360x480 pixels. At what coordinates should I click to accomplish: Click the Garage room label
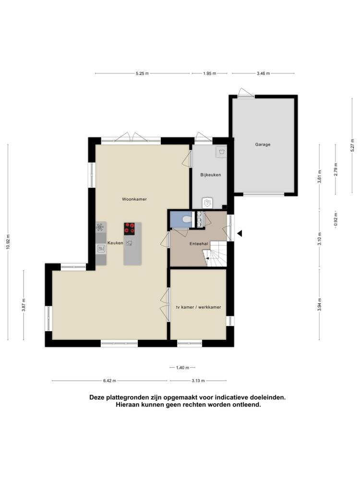[263, 144]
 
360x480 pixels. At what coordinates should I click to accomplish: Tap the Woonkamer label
[134, 199]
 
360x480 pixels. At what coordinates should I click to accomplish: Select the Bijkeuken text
[211, 175]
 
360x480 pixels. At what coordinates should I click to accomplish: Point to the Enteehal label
[199, 244]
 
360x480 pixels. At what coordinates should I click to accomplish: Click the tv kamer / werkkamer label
[198, 307]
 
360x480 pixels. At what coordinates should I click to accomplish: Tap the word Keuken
[115, 243]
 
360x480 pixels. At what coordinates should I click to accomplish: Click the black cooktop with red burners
[129, 228]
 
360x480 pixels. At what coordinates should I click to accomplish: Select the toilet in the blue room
[186, 219]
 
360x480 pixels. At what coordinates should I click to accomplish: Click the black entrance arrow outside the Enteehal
[240, 234]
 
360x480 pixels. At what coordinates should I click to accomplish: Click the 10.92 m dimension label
[8, 242]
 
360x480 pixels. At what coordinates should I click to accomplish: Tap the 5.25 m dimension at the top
[143, 73]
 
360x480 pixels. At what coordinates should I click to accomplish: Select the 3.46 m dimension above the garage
[263, 73]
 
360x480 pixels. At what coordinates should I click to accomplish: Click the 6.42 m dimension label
[109, 381]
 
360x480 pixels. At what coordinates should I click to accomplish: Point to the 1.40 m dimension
[182, 368]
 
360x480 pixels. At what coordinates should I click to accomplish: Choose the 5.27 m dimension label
[352, 145]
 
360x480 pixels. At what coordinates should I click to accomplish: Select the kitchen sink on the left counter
[101, 249]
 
